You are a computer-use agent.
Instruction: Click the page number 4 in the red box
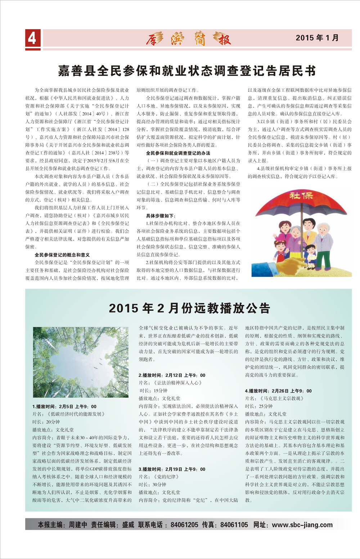tap(32, 38)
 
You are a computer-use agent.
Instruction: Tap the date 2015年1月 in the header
tap(317, 38)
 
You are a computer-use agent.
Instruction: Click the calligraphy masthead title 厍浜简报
tap(189, 39)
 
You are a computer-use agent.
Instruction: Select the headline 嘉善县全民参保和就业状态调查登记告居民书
tap(187, 71)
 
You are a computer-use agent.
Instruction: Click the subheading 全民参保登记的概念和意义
tap(62, 255)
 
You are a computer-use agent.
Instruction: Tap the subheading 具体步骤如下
tap(160, 216)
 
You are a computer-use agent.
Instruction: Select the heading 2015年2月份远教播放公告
tap(189, 308)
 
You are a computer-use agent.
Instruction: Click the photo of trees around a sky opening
tap(81, 362)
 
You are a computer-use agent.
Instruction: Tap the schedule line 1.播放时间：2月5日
tap(64, 406)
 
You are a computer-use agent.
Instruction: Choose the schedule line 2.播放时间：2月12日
tap(172, 375)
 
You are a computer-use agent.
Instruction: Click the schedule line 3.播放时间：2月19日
tap(172, 469)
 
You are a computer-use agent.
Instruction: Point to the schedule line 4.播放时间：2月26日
tap(278, 391)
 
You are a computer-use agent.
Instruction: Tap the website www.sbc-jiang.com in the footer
tap(302, 525)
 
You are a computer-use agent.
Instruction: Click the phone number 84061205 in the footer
tap(184, 525)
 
